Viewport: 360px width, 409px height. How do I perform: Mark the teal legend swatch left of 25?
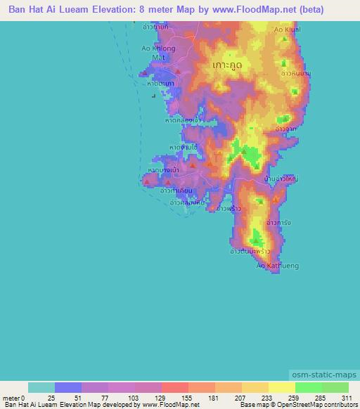click(41, 387)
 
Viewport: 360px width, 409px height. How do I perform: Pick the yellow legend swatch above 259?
click(281, 387)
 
